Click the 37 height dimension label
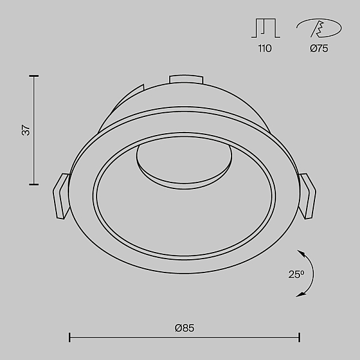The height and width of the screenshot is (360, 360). (x=26, y=130)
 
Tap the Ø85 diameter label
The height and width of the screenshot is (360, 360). (x=184, y=328)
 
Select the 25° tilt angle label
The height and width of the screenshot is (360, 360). (x=296, y=274)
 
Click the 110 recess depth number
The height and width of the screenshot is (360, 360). (x=265, y=49)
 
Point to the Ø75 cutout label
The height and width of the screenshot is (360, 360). (x=319, y=49)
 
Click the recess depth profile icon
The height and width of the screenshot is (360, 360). (x=266, y=28)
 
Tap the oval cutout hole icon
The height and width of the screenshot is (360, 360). (x=319, y=28)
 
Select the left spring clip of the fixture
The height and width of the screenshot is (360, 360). (x=61, y=196)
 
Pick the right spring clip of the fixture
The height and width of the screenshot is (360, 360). (x=307, y=196)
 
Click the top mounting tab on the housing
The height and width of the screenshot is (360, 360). (x=186, y=79)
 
